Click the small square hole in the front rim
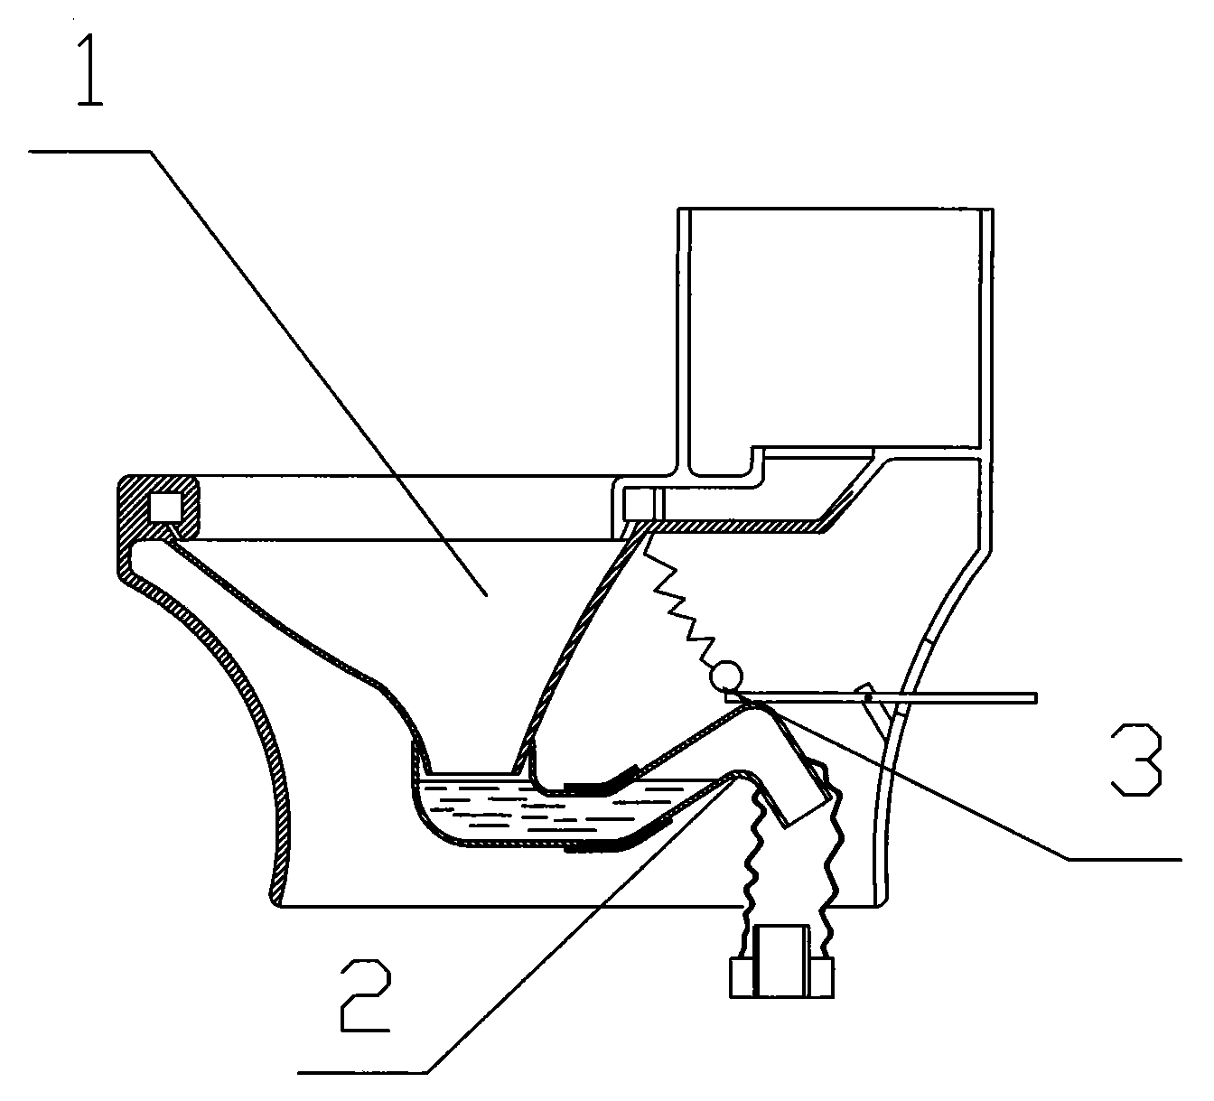[x=165, y=507]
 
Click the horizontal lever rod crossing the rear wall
[x=882, y=698]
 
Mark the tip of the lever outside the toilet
[x=1036, y=698]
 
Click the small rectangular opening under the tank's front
[x=640, y=504]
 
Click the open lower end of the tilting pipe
[x=806, y=812]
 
